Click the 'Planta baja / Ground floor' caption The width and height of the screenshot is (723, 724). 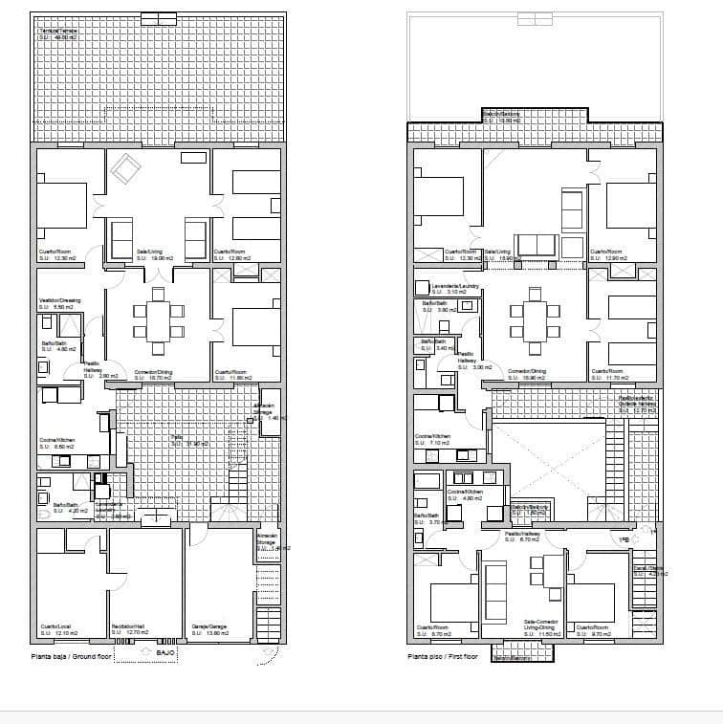tap(71, 657)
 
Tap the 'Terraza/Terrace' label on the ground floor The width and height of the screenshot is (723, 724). tap(58, 32)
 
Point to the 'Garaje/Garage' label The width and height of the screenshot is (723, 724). tap(209, 626)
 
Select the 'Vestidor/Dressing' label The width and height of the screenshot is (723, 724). tap(59, 300)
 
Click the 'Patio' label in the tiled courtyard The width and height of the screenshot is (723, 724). tap(177, 437)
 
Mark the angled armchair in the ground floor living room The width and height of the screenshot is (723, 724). tap(125, 171)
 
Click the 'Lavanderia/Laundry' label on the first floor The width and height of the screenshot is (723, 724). tap(455, 285)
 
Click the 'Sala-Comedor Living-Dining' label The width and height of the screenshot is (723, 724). tap(540, 624)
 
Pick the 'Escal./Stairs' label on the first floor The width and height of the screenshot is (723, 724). tap(648, 568)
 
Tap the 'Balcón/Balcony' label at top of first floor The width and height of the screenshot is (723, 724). tap(501, 115)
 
